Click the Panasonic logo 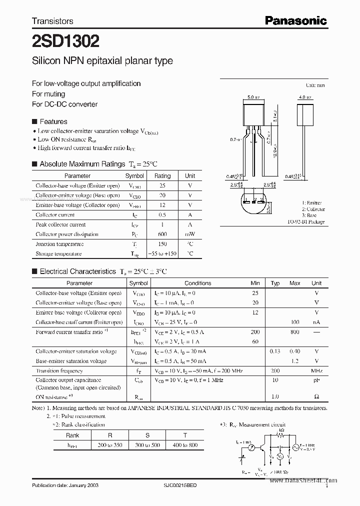[295, 20]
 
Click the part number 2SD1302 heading [65, 40]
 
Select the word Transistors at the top [52, 21]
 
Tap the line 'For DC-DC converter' [64, 104]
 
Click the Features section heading [53, 121]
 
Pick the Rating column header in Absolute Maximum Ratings [162, 176]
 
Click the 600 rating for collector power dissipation [162, 234]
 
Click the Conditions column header [198, 283]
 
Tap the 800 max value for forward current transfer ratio [295, 332]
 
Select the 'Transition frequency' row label [59, 371]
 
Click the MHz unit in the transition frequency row [316, 371]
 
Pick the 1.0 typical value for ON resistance [274, 396]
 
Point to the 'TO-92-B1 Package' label [306, 221]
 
